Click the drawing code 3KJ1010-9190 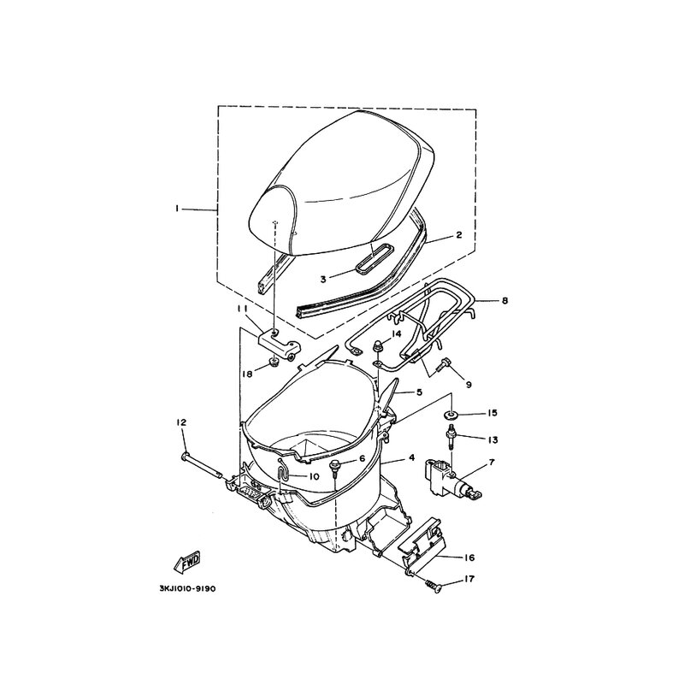tap(187, 589)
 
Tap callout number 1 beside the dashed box tap(177, 209)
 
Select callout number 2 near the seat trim tap(458, 235)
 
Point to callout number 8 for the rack tap(504, 301)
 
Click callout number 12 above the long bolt tap(181, 422)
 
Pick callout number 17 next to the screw tap(469, 580)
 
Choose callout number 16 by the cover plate tap(469, 557)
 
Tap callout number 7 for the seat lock tap(492, 462)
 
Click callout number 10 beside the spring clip tap(314, 476)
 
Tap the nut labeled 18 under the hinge tap(274, 361)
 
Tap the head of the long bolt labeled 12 tap(184, 457)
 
